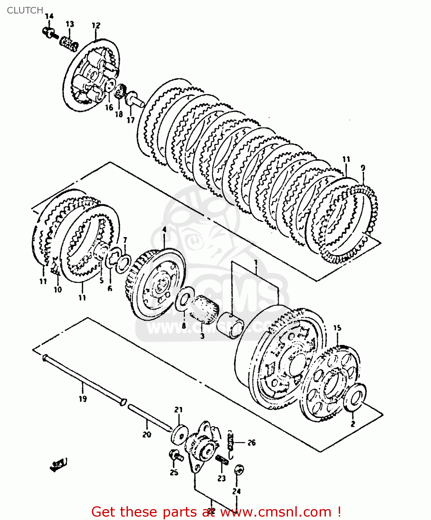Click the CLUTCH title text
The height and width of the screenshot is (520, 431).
click(25, 10)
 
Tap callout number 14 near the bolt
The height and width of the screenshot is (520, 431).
click(49, 16)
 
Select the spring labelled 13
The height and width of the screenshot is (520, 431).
click(69, 44)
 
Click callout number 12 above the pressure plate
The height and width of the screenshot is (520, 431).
click(96, 25)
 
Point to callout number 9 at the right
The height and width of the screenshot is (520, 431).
click(363, 168)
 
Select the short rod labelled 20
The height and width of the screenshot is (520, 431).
click(149, 418)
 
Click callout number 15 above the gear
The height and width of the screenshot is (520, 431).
click(337, 328)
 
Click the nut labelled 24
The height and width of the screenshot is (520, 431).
click(239, 470)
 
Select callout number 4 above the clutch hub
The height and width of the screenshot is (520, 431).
click(164, 230)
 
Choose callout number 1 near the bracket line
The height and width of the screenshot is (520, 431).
click(256, 262)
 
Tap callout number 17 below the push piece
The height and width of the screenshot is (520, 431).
click(130, 120)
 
